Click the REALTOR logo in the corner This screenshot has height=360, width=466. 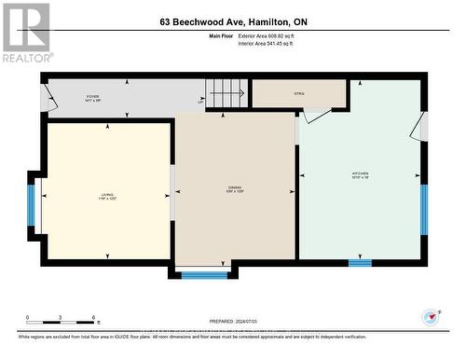pyautogui.click(x=25, y=32)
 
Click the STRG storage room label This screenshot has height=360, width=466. pyautogui.click(x=298, y=92)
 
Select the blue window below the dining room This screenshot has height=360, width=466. pyautogui.click(x=203, y=274)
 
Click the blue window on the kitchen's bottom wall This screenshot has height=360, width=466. pyautogui.click(x=360, y=263)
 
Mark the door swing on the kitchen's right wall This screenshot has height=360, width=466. pyautogui.click(x=422, y=126)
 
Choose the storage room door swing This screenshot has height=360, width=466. pyautogui.click(x=316, y=115)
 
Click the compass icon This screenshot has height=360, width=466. pyautogui.click(x=431, y=317)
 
